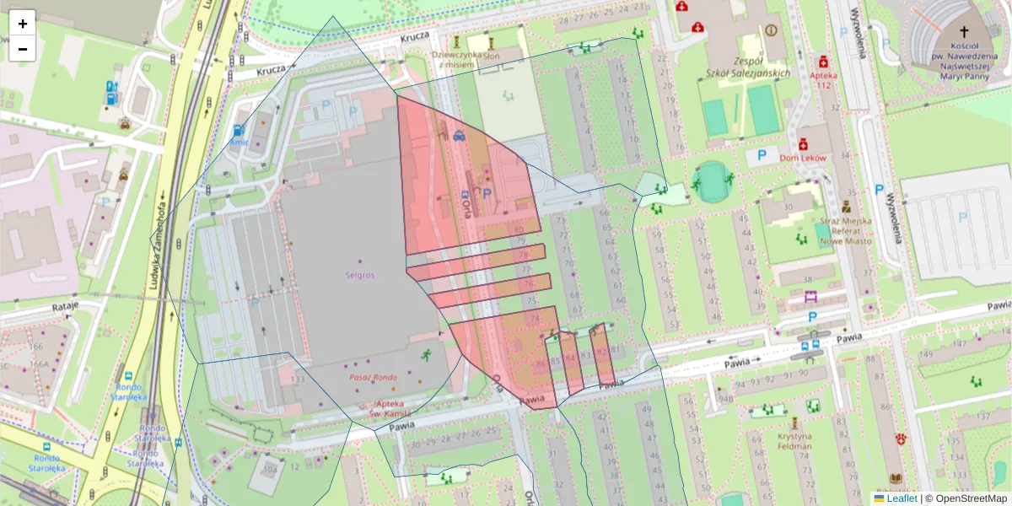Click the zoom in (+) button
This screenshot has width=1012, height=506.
[23, 24]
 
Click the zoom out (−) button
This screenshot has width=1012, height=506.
[23, 49]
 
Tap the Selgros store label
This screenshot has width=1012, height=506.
[359, 275]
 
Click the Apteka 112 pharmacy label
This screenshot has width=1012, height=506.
[822, 80]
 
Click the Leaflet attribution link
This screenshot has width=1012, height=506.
[901, 498]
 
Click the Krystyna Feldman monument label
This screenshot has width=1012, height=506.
[794, 441]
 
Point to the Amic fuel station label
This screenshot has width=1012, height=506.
[239, 143]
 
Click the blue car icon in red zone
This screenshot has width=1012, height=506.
[459, 135]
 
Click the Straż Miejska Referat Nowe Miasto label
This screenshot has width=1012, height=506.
[845, 231]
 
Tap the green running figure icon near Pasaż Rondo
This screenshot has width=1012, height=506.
[427, 355]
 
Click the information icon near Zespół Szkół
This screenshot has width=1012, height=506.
[770, 30]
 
